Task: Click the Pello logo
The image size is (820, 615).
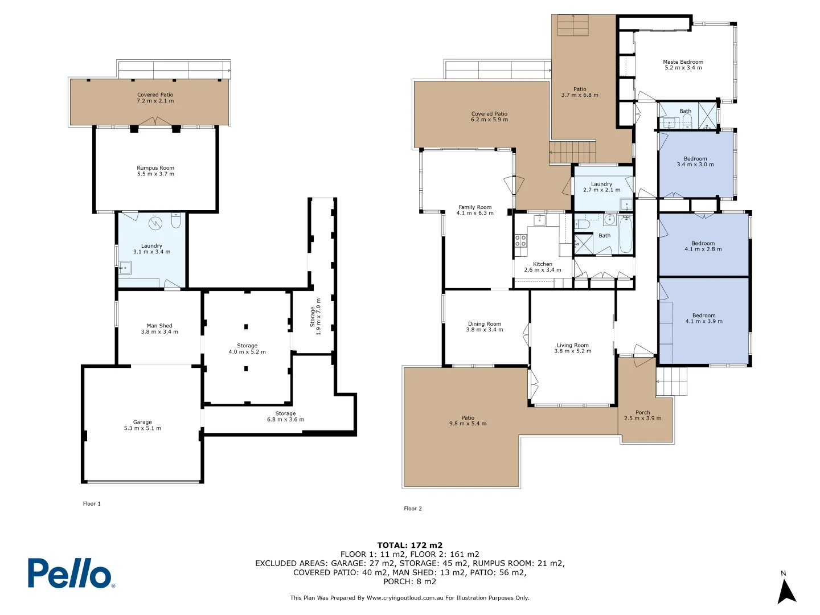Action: coord(71,573)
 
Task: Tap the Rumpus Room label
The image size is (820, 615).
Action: coord(155,171)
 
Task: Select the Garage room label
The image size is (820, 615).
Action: coord(142,425)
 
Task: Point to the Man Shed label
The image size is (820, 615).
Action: coord(159,329)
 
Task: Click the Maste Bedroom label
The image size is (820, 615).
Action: coord(683,65)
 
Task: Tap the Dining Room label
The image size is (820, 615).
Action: coord(485,326)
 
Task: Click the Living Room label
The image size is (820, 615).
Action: coord(573,348)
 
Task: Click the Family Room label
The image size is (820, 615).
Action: coord(475,210)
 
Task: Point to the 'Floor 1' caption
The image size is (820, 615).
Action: coord(92,504)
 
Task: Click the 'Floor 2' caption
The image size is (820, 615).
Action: coord(413,509)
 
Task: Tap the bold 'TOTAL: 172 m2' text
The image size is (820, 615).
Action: coord(409,546)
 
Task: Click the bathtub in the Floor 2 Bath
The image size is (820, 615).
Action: coord(625,235)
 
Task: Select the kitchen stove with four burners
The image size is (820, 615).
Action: coord(520,240)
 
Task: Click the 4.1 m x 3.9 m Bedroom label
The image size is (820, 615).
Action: coord(704,318)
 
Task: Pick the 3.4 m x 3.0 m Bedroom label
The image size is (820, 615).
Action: coord(695,162)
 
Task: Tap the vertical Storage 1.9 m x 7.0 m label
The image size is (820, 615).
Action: coord(315,317)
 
